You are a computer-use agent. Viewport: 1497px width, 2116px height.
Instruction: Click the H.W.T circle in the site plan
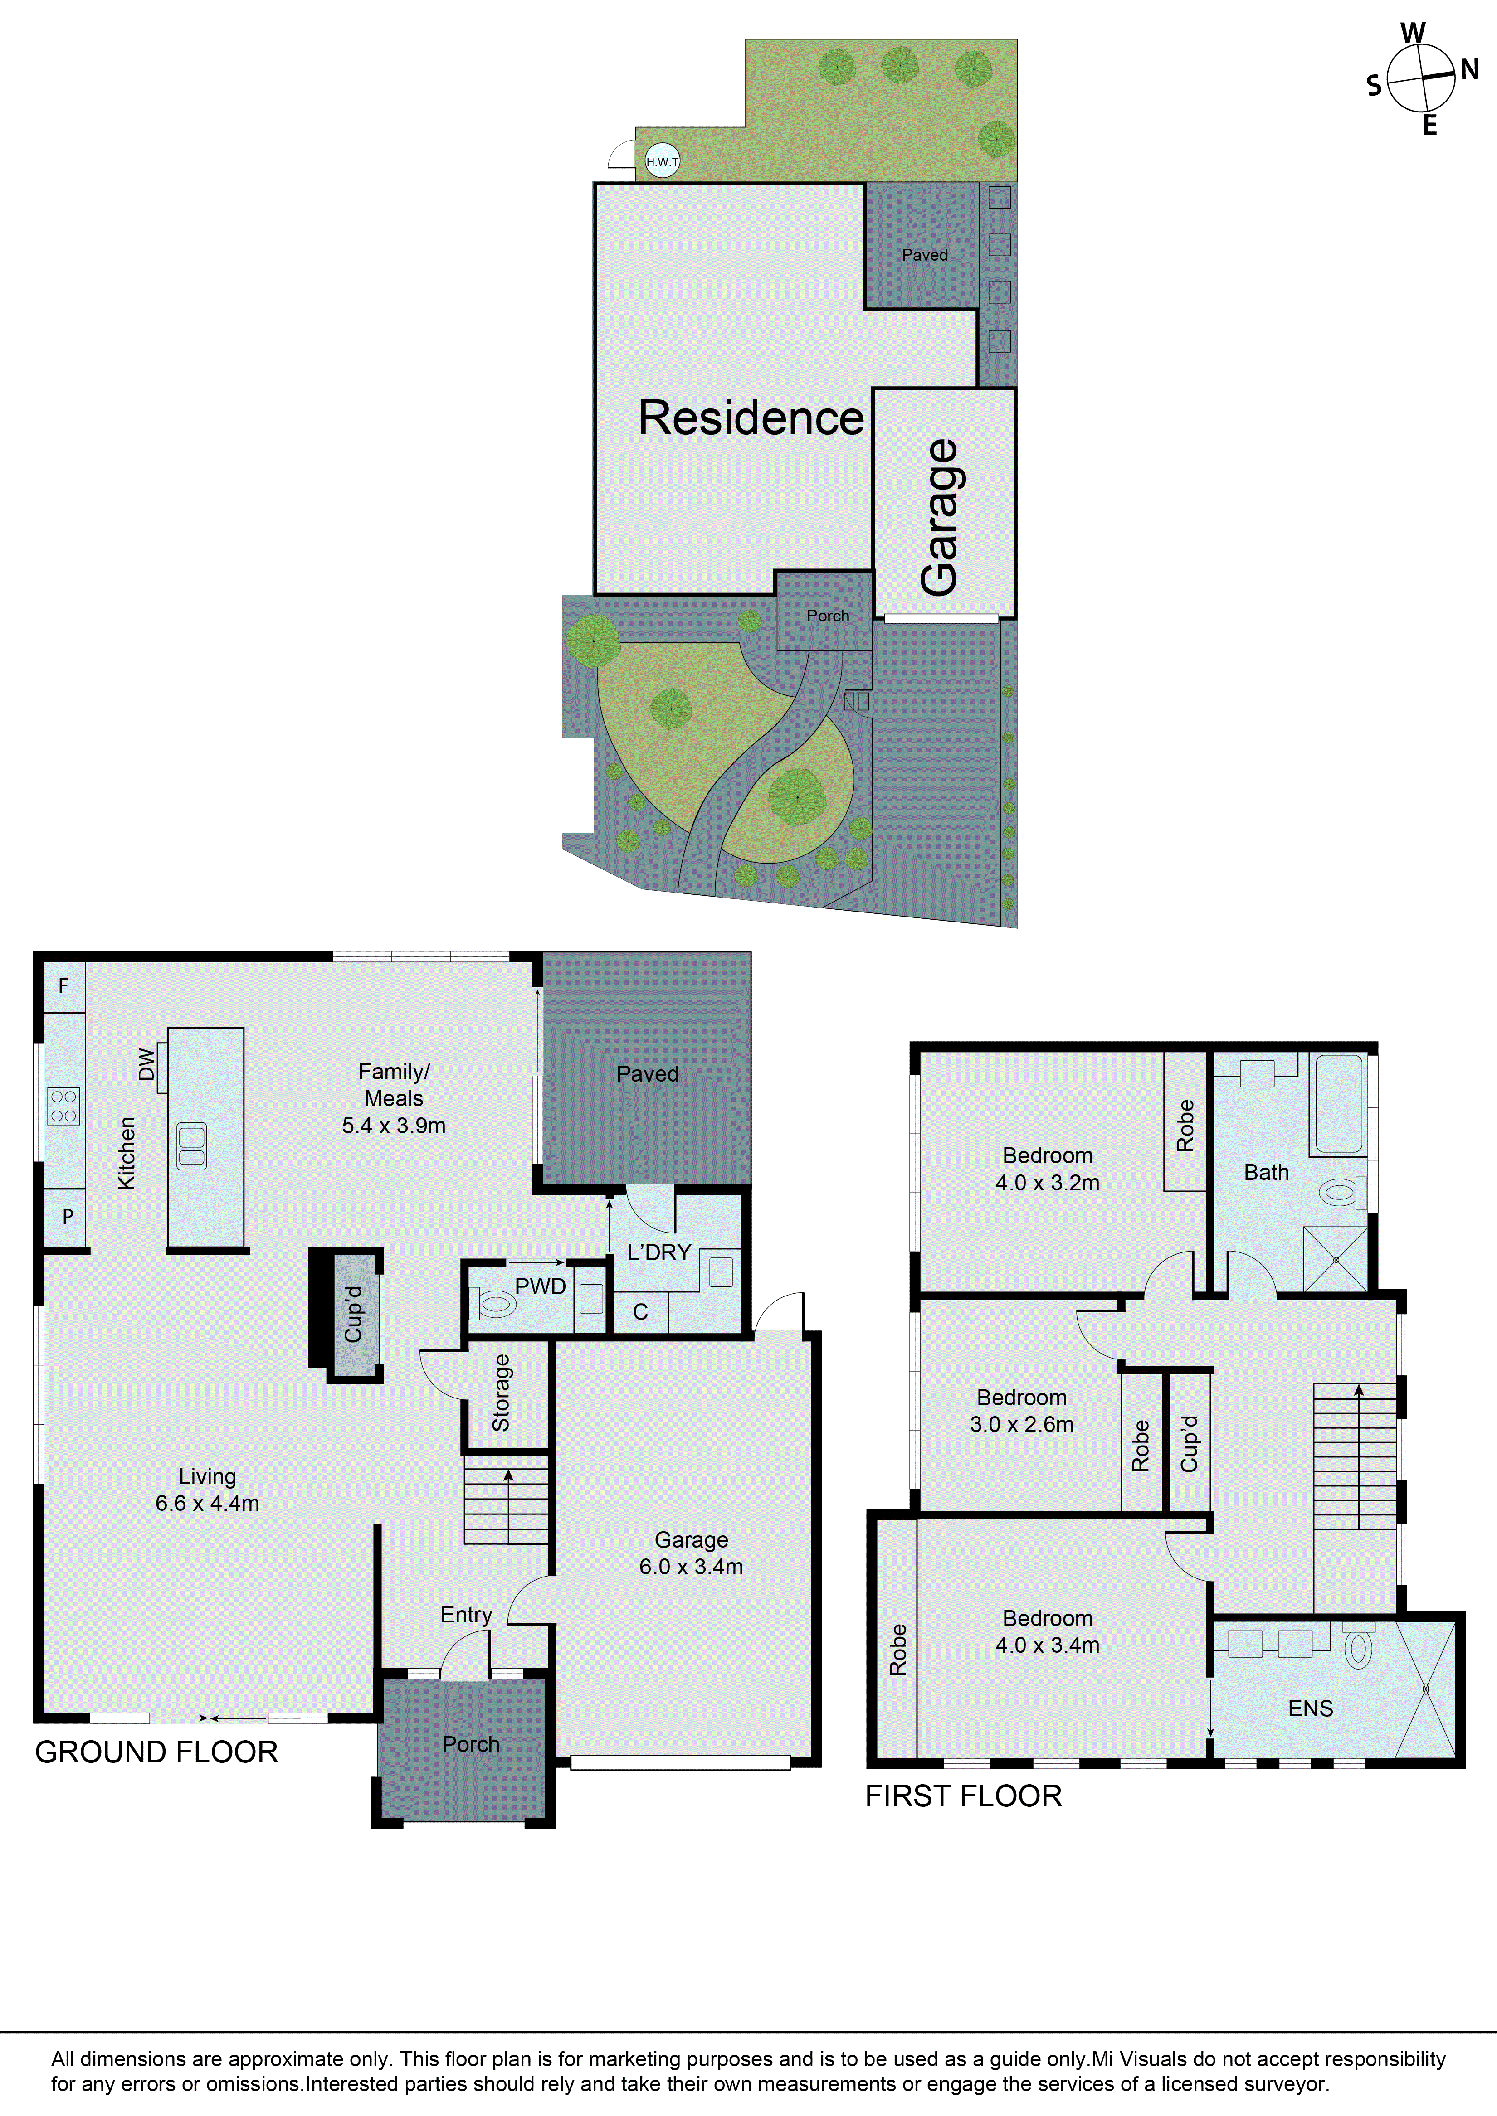662,161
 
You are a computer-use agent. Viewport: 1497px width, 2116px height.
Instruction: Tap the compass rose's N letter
1469,69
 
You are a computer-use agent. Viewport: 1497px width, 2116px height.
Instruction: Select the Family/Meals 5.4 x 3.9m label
394,1098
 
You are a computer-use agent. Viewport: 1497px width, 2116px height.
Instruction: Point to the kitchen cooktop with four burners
63,1106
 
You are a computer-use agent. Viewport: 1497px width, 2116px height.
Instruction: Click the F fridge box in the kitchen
63,986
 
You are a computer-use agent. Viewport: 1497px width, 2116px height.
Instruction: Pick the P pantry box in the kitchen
67,1217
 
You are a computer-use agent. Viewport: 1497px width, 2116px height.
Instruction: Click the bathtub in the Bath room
1338,1104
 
